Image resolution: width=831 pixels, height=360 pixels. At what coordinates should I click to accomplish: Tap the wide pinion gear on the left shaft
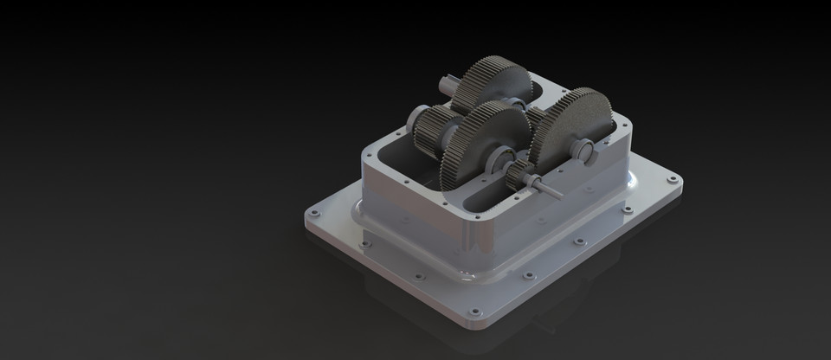(430, 130)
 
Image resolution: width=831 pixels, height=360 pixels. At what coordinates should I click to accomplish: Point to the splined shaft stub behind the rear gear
(448, 87)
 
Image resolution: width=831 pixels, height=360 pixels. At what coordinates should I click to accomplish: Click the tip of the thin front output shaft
(557, 191)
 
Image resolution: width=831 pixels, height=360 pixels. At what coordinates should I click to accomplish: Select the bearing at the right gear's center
(585, 152)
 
